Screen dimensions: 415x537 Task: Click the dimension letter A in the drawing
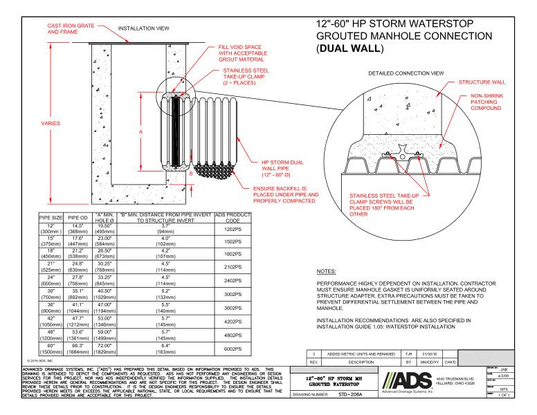[142, 130]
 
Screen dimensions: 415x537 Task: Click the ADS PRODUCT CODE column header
[233, 219]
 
